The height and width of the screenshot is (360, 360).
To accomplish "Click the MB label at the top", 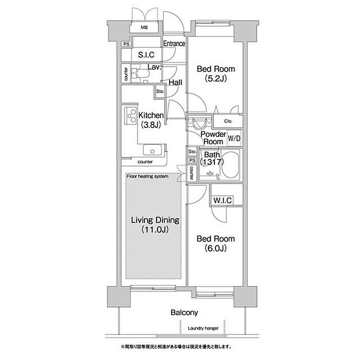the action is point(144,28).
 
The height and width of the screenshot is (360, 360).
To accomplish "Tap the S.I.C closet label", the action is point(146,55).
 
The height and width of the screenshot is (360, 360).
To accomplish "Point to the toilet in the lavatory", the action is point(140,73).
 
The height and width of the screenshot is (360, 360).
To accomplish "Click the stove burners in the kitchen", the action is point(131,116).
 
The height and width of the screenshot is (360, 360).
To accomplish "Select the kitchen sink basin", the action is point(152,150).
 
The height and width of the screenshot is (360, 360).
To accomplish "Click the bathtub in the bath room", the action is point(230,165).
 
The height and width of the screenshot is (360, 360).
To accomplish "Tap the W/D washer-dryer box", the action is point(234,138).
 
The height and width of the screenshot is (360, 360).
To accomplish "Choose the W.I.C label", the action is point(222,201).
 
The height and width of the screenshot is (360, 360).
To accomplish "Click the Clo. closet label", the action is point(228,121).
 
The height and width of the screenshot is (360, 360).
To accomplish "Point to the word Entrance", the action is point(174,43).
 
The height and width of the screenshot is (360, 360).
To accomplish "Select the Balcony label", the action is point(184,313).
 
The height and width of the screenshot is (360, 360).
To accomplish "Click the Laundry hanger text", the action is point(203,328).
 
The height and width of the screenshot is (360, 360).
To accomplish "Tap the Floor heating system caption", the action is point(148,176).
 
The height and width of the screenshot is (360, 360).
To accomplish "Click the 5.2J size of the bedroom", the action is point(215,79).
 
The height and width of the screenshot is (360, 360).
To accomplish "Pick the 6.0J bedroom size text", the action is point(215,248).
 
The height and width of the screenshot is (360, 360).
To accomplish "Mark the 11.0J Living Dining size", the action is point(155,229).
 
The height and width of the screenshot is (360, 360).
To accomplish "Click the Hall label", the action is point(175,82).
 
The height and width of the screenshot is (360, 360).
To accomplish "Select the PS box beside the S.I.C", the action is point(127,44).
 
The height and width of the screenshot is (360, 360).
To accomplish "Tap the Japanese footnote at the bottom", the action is point(176,347).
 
